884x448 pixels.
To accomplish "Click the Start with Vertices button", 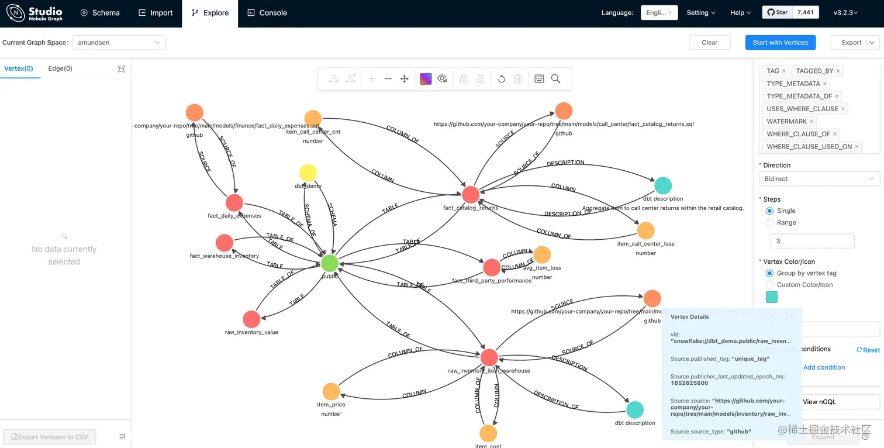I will coord(780,43).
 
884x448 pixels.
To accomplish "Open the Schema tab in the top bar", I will coord(100,13).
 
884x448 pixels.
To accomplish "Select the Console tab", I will coord(267,13).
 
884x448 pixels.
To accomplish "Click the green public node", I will coord(330,263).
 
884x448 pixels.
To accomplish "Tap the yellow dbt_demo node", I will coord(308,173).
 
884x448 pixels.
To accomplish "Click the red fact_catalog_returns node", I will coord(471,195).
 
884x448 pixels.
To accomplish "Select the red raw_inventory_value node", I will coord(251,319).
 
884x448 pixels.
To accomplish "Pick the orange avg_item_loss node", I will coord(542,255).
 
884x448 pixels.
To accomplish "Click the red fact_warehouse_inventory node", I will coord(225,243).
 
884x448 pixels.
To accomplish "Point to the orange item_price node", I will coord(331,392).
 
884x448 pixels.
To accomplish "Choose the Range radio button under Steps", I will coord(770,223).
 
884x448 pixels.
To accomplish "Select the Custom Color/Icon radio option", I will coord(770,285).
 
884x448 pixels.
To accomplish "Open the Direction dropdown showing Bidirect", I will coord(819,179).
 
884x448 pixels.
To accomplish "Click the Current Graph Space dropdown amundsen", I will coord(119,43).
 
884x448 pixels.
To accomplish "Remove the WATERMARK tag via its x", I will coord(812,122).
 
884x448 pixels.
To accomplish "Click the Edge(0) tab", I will coord(60,68).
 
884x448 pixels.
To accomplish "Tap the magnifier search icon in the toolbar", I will coord(556,79).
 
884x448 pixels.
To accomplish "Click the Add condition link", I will coord(824,367).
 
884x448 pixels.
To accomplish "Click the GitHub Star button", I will coord(777,12).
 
